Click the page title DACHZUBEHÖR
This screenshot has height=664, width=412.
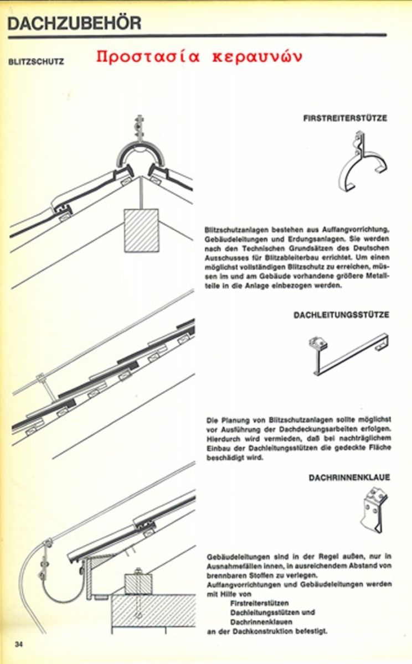75,23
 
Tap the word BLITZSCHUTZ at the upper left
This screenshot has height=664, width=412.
35,62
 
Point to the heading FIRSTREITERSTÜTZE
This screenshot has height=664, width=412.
345,118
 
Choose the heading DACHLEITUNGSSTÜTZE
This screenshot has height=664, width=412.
341,315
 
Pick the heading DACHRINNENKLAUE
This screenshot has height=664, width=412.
349,477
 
